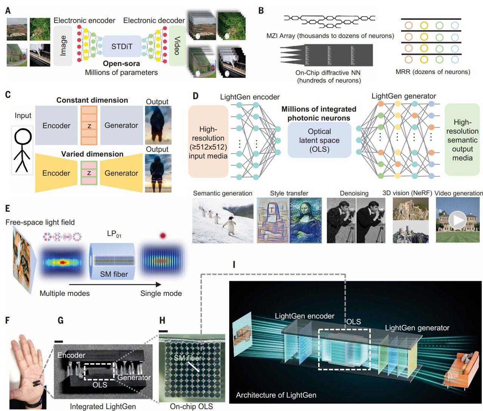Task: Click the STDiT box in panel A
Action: coord(122,46)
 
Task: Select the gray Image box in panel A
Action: coord(63,46)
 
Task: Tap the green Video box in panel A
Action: coord(177,46)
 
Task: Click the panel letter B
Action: coord(261,11)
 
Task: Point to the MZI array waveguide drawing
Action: coord(329,22)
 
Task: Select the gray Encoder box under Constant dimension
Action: coord(56,126)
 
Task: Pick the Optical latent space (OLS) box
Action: coord(319,140)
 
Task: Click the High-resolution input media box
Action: coord(208,142)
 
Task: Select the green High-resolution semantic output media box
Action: coord(462,140)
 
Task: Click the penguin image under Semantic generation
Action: coord(223,220)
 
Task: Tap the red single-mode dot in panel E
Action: coord(163,236)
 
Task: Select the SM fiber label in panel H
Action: coord(188,358)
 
